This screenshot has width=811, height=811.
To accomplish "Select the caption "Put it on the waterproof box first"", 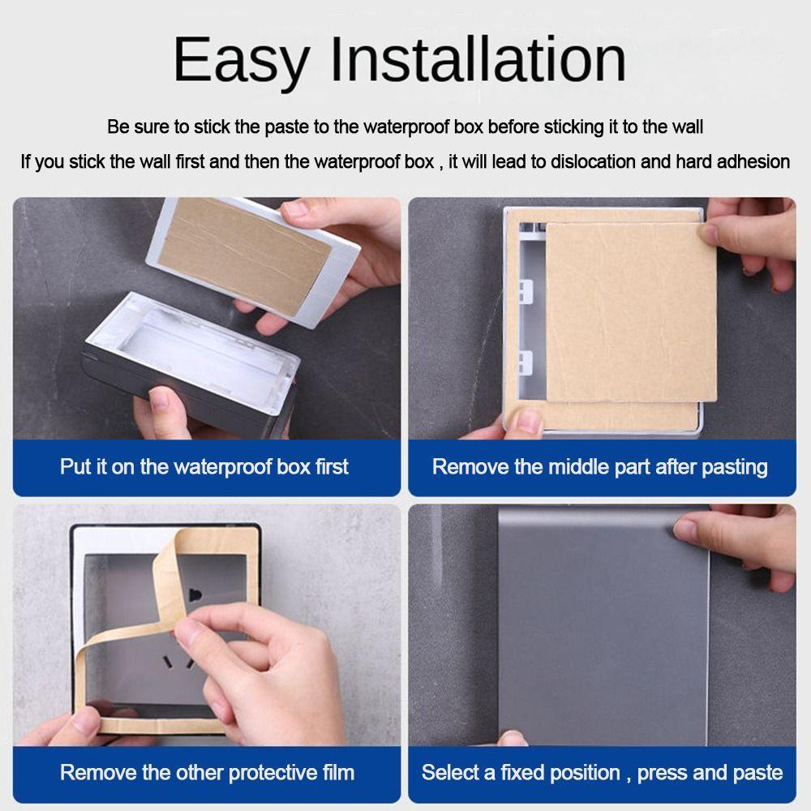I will click(x=204, y=467).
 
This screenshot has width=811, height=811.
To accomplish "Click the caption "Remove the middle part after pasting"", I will click(x=599, y=467).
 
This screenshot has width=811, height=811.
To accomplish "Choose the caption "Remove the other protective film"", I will click(x=207, y=771).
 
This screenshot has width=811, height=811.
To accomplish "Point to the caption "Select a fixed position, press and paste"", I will click(x=602, y=771).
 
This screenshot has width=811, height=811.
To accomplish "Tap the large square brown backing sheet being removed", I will click(x=629, y=312).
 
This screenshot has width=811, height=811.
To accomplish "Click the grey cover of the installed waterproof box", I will click(x=592, y=633).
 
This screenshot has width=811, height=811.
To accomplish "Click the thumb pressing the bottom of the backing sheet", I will click(x=526, y=421).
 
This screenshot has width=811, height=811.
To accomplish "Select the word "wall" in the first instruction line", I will click(x=687, y=127).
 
